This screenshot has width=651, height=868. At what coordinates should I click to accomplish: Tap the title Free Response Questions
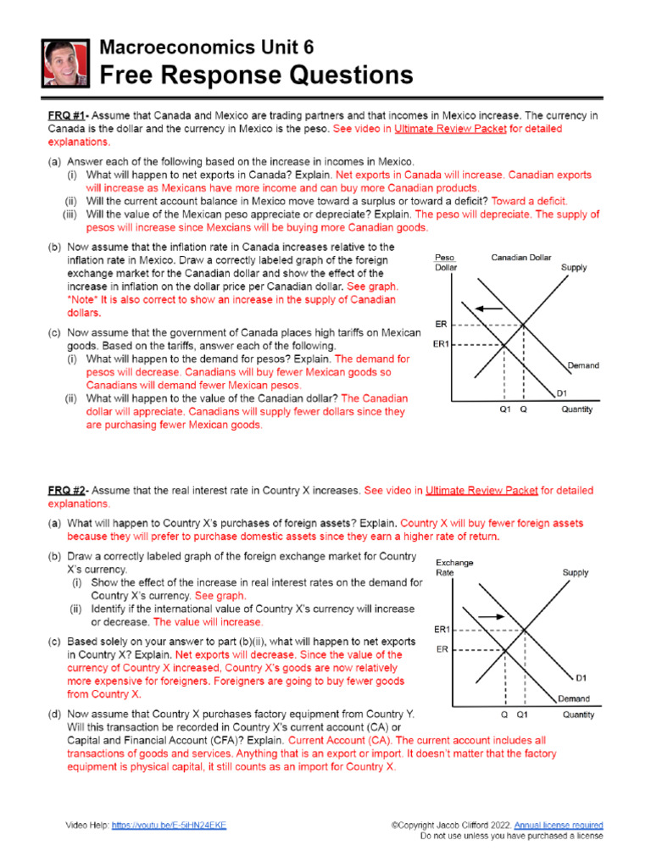coord(257,75)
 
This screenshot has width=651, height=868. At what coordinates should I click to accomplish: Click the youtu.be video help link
coord(169,825)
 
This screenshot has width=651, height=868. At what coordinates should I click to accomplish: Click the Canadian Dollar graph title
coord(523,258)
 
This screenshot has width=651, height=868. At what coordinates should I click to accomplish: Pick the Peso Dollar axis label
coord(446,263)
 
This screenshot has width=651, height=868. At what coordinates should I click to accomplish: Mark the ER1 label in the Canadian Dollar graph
coord(442,344)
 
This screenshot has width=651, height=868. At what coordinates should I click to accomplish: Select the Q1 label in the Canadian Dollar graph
coord(504,409)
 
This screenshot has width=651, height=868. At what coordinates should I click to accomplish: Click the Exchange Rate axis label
coord(454,567)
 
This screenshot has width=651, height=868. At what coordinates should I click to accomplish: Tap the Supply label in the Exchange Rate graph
coord(575,573)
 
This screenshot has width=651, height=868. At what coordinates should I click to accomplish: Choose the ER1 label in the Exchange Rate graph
coord(442,630)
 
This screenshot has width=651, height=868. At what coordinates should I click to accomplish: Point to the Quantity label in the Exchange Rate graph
coord(578,715)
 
